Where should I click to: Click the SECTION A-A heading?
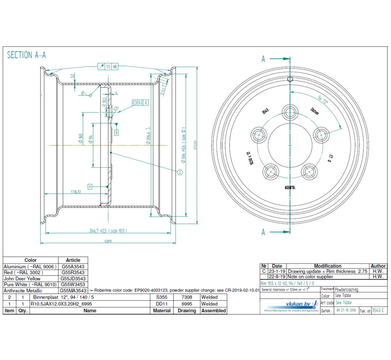(x=26, y=55)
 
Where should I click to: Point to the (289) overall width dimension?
(x=108, y=241)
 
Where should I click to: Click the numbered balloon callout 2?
(x=180, y=173)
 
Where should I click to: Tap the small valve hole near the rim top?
(x=290, y=79)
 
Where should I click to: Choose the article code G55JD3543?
(x=73, y=278)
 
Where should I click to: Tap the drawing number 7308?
(x=187, y=297)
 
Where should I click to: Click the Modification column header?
(x=327, y=266)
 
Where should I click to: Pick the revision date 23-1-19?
(x=277, y=272)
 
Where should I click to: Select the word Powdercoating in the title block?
(x=347, y=290)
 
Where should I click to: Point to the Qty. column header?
(x=22, y=310)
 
